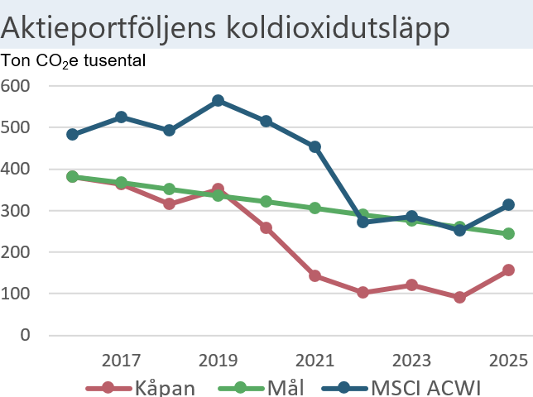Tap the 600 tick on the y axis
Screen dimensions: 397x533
pos(16,86)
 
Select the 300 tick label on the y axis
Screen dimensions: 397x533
pos(16,211)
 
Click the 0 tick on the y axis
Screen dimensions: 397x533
pos(26,335)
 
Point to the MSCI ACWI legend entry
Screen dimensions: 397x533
pos(402,387)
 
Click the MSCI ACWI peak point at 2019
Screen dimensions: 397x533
pos(218,101)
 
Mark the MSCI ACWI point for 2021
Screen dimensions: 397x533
pos(315,147)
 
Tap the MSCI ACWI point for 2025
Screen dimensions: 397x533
pos(508,204)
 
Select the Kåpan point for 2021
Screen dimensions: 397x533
pos(315,275)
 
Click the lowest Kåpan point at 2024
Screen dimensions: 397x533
pos(460,297)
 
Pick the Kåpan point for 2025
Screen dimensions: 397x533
pos(508,270)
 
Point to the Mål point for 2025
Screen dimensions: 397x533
pos(508,233)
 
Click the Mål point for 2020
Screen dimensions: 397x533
pos(266,201)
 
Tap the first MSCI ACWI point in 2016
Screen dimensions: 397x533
pos(73,134)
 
